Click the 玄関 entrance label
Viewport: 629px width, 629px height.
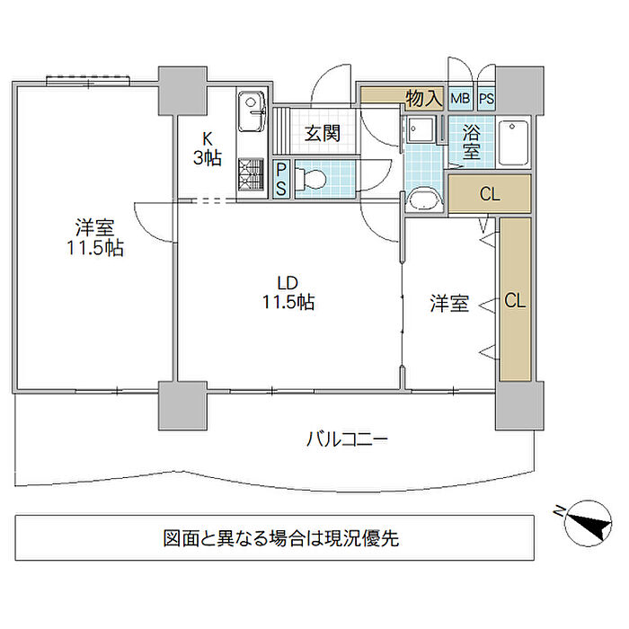(323, 133)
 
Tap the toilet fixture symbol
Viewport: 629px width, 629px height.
(310, 179)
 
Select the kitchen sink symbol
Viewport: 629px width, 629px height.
(252, 111)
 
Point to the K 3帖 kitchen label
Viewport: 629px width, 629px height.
(208, 149)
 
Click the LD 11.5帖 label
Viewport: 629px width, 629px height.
(288, 293)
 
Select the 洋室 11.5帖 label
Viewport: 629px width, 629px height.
(95, 238)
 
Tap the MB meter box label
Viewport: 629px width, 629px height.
(460, 98)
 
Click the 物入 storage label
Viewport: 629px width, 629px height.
(423, 98)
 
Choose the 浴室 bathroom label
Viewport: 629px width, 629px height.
(472, 142)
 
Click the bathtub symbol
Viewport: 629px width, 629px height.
(513, 142)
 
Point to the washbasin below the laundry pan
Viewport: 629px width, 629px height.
(424, 199)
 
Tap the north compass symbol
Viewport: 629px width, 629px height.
(588, 523)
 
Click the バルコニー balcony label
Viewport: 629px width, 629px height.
(347, 439)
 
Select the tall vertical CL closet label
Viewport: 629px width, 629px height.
(515, 300)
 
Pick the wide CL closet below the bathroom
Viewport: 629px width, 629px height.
(490, 194)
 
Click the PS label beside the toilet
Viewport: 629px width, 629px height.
(281, 179)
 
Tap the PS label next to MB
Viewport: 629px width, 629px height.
(486, 99)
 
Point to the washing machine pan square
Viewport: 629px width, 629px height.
(420, 129)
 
